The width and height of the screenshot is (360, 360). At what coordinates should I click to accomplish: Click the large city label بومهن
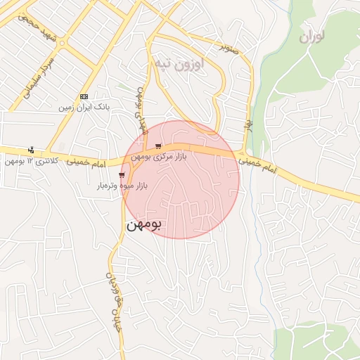[x=144, y=226]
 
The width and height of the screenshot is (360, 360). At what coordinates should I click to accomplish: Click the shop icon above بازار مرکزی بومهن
[x=167, y=146]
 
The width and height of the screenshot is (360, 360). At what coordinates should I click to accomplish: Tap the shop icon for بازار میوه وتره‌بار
[x=122, y=174]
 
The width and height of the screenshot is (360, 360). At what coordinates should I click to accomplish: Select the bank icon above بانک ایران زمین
[x=84, y=96]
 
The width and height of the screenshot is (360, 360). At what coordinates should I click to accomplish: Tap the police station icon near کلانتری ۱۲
[x=30, y=150]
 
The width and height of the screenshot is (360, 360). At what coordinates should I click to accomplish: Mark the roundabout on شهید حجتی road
[x=62, y=43]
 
